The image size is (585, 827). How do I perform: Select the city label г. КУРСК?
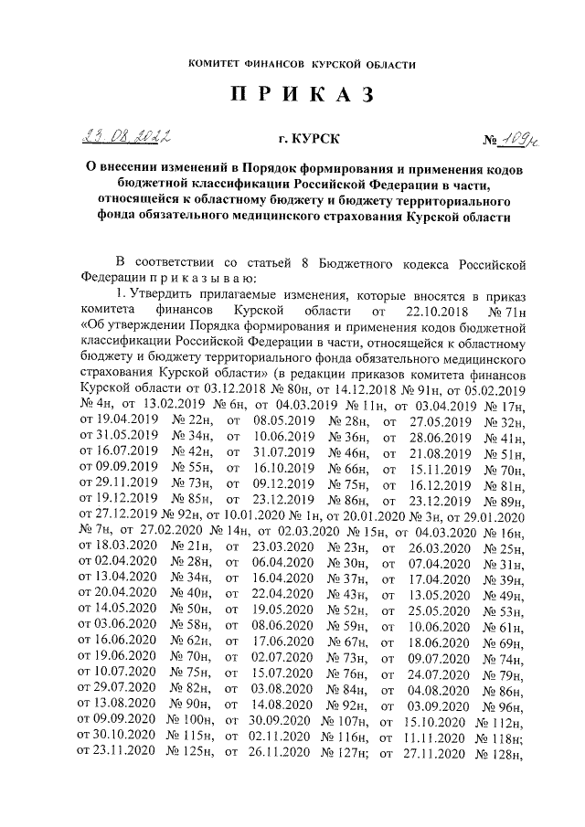pos(308,140)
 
